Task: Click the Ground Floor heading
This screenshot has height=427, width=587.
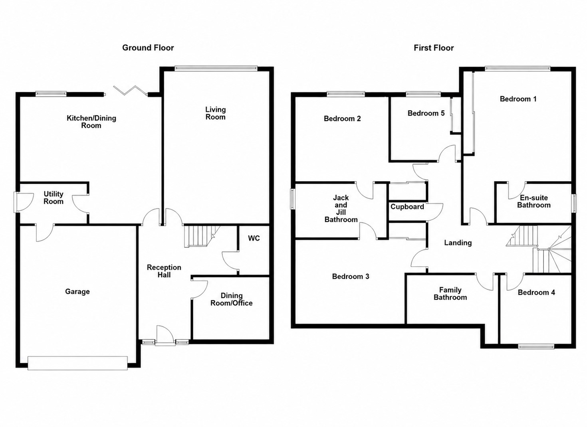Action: click(x=148, y=47)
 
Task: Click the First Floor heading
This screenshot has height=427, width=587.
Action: click(x=434, y=48)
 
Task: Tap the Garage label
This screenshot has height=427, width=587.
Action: click(x=77, y=292)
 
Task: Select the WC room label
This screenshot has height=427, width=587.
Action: click(x=254, y=238)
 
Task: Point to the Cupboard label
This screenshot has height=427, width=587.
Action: click(x=407, y=207)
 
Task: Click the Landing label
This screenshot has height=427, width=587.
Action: click(x=458, y=243)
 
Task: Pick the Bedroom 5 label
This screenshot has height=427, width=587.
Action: click(x=426, y=113)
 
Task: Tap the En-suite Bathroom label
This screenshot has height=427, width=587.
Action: click(x=534, y=202)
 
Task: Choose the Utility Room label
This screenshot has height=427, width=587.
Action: click(x=54, y=198)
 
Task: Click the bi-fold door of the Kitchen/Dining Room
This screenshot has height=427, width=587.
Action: click(x=130, y=90)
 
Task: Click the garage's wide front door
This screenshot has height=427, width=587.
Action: click(x=77, y=363)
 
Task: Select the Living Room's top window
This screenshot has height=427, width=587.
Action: click(x=216, y=69)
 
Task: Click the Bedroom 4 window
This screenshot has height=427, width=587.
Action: click(x=537, y=347)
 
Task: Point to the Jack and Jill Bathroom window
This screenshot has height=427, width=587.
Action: click(x=292, y=199)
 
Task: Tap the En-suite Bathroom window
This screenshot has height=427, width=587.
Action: click(x=574, y=203)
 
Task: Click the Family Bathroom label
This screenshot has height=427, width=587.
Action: click(x=450, y=294)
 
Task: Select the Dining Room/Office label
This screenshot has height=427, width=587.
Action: click(x=232, y=299)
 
